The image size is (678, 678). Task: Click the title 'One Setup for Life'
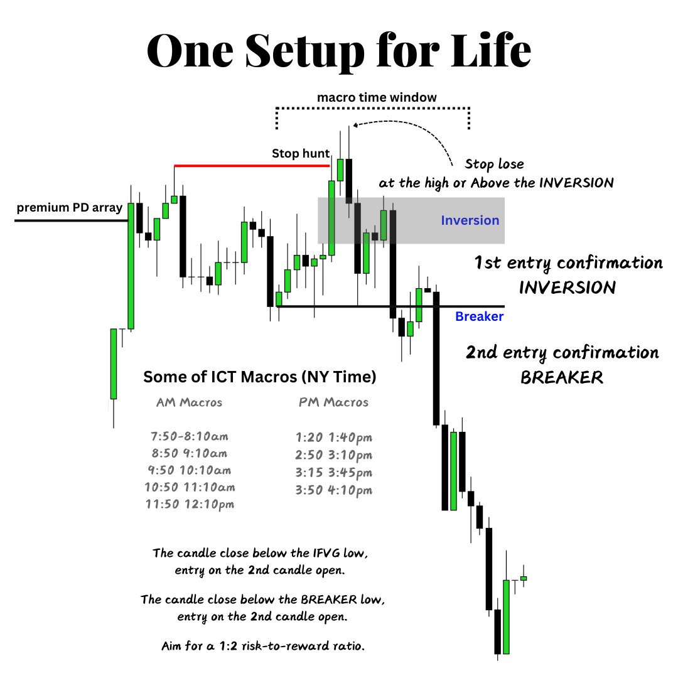[x=339, y=51]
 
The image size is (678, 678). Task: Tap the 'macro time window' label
[x=377, y=98]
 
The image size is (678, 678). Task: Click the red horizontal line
[x=251, y=166]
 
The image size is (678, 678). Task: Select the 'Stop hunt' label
[x=296, y=153]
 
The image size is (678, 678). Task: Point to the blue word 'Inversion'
[x=470, y=220]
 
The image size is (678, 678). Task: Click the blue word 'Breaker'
[x=479, y=316]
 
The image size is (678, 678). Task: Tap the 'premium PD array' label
[x=69, y=208]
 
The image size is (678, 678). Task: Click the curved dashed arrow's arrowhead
[x=355, y=125]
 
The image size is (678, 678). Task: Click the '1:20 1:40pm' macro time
[x=333, y=438]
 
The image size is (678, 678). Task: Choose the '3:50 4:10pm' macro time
[x=333, y=490]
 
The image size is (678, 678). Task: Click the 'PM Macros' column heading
[x=333, y=402]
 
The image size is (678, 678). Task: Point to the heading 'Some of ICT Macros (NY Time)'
[x=260, y=377]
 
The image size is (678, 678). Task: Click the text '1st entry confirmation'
[x=568, y=262]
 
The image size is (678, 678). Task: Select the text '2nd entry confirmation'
[x=562, y=353]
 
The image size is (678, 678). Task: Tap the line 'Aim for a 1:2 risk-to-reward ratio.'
[x=262, y=646]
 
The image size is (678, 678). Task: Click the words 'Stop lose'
[x=494, y=164]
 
